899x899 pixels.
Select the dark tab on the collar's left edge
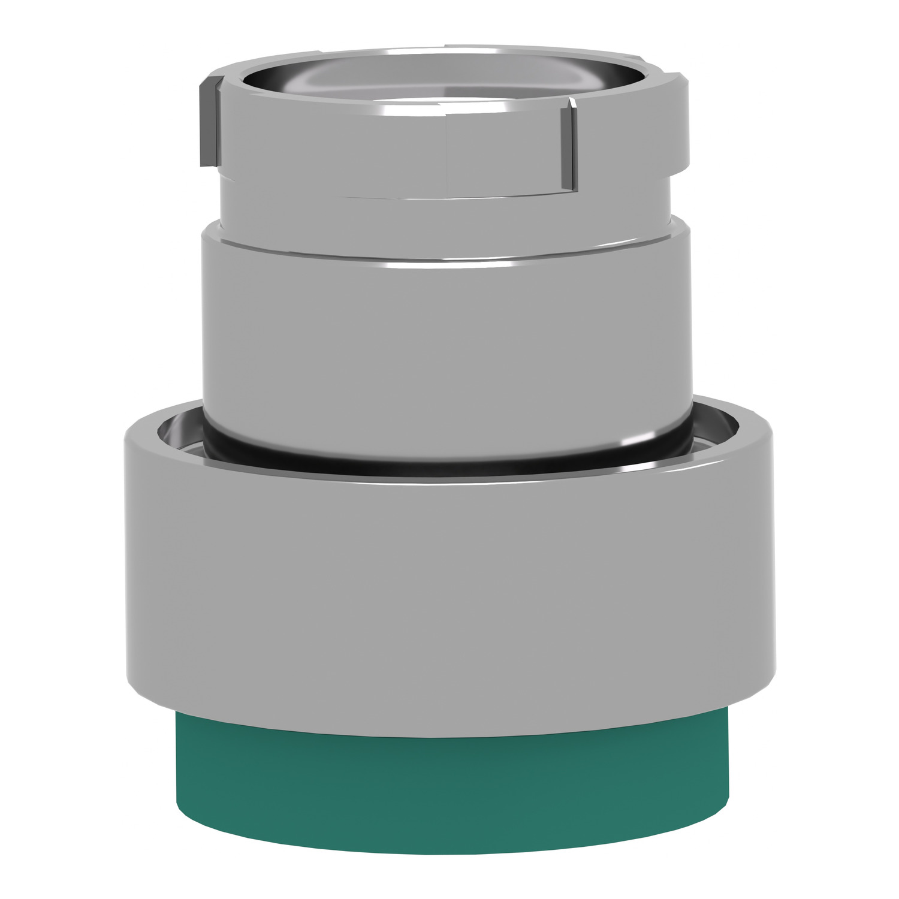(x=206, y=120)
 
